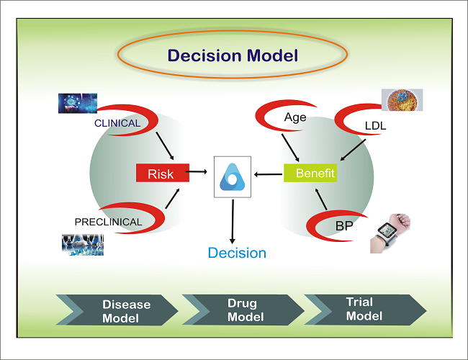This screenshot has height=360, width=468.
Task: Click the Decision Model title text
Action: point(233,55)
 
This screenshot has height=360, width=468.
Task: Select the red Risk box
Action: point(162,173)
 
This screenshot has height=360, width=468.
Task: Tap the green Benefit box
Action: point(310,174)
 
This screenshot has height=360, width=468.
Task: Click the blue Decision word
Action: point(237,253)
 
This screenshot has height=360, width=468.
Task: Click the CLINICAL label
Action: point(117,123)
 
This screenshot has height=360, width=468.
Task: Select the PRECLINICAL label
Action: point(109,222)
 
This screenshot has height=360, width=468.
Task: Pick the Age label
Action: point(296,117)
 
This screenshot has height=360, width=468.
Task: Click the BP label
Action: point(344,226)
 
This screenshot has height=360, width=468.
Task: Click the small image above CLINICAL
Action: point(78,104)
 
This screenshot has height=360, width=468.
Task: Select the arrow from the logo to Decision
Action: point(233,220)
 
